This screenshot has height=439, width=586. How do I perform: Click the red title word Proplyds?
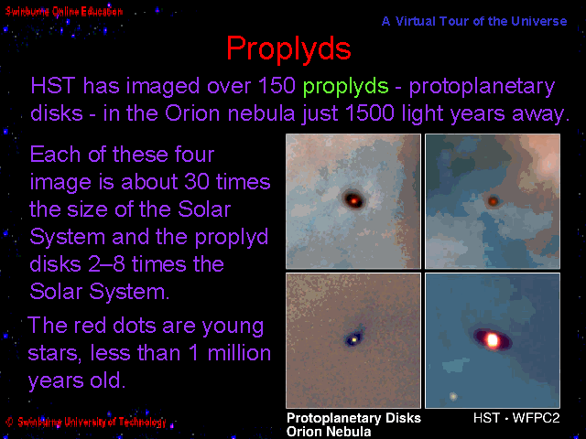288,48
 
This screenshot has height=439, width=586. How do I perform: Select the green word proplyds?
346,87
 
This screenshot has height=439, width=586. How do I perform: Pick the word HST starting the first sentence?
53,85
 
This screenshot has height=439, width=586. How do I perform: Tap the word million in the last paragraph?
239,353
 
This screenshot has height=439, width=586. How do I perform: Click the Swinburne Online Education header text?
64,12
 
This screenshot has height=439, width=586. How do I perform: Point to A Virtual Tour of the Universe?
474,21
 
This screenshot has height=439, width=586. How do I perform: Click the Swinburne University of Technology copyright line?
86,422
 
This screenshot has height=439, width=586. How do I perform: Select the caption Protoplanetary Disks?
353,418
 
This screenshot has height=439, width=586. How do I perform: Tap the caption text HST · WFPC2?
516,418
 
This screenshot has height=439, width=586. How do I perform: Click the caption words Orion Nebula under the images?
329,431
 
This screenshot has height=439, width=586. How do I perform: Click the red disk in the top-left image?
353,199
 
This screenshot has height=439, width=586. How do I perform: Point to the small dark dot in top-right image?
493,201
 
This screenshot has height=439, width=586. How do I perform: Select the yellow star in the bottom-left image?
354,339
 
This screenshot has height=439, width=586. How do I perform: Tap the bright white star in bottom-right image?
493,339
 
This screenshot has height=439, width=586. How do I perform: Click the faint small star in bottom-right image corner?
453,396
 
